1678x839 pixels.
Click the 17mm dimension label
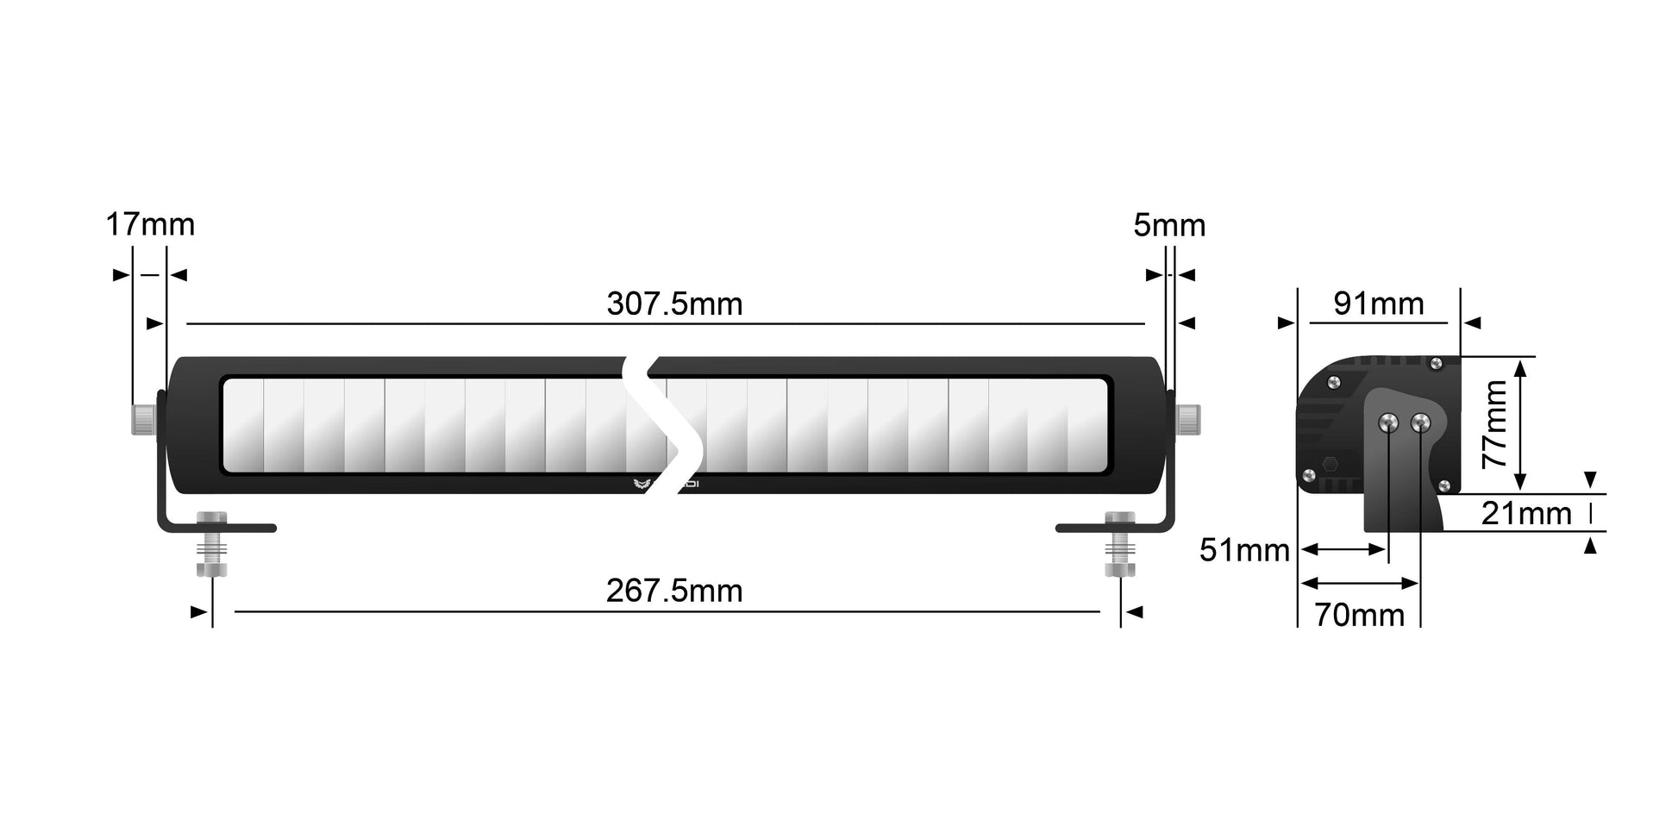point(150,225)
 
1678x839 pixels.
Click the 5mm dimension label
point(1169,226)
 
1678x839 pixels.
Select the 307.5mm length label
point(674,304)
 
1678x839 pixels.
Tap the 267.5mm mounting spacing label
point(674,592)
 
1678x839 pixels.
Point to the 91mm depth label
point(1379,304)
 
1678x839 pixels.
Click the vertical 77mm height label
point(1494,424)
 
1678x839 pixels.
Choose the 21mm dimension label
point(1526,514)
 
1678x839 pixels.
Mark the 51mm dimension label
point(1244,550)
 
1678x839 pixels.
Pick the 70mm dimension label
point(1359,615)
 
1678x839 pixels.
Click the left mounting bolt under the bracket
point(212,546)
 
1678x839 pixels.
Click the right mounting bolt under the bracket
point(1120,546)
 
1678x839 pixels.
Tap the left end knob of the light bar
point(143,419)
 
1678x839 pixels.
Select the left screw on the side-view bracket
point(1388,423)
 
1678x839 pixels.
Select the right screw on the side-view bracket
point(1420,423)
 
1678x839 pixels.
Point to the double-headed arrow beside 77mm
point(1521,425)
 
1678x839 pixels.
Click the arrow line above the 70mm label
point(1360,584)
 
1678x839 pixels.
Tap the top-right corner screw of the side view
point(1436,364)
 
